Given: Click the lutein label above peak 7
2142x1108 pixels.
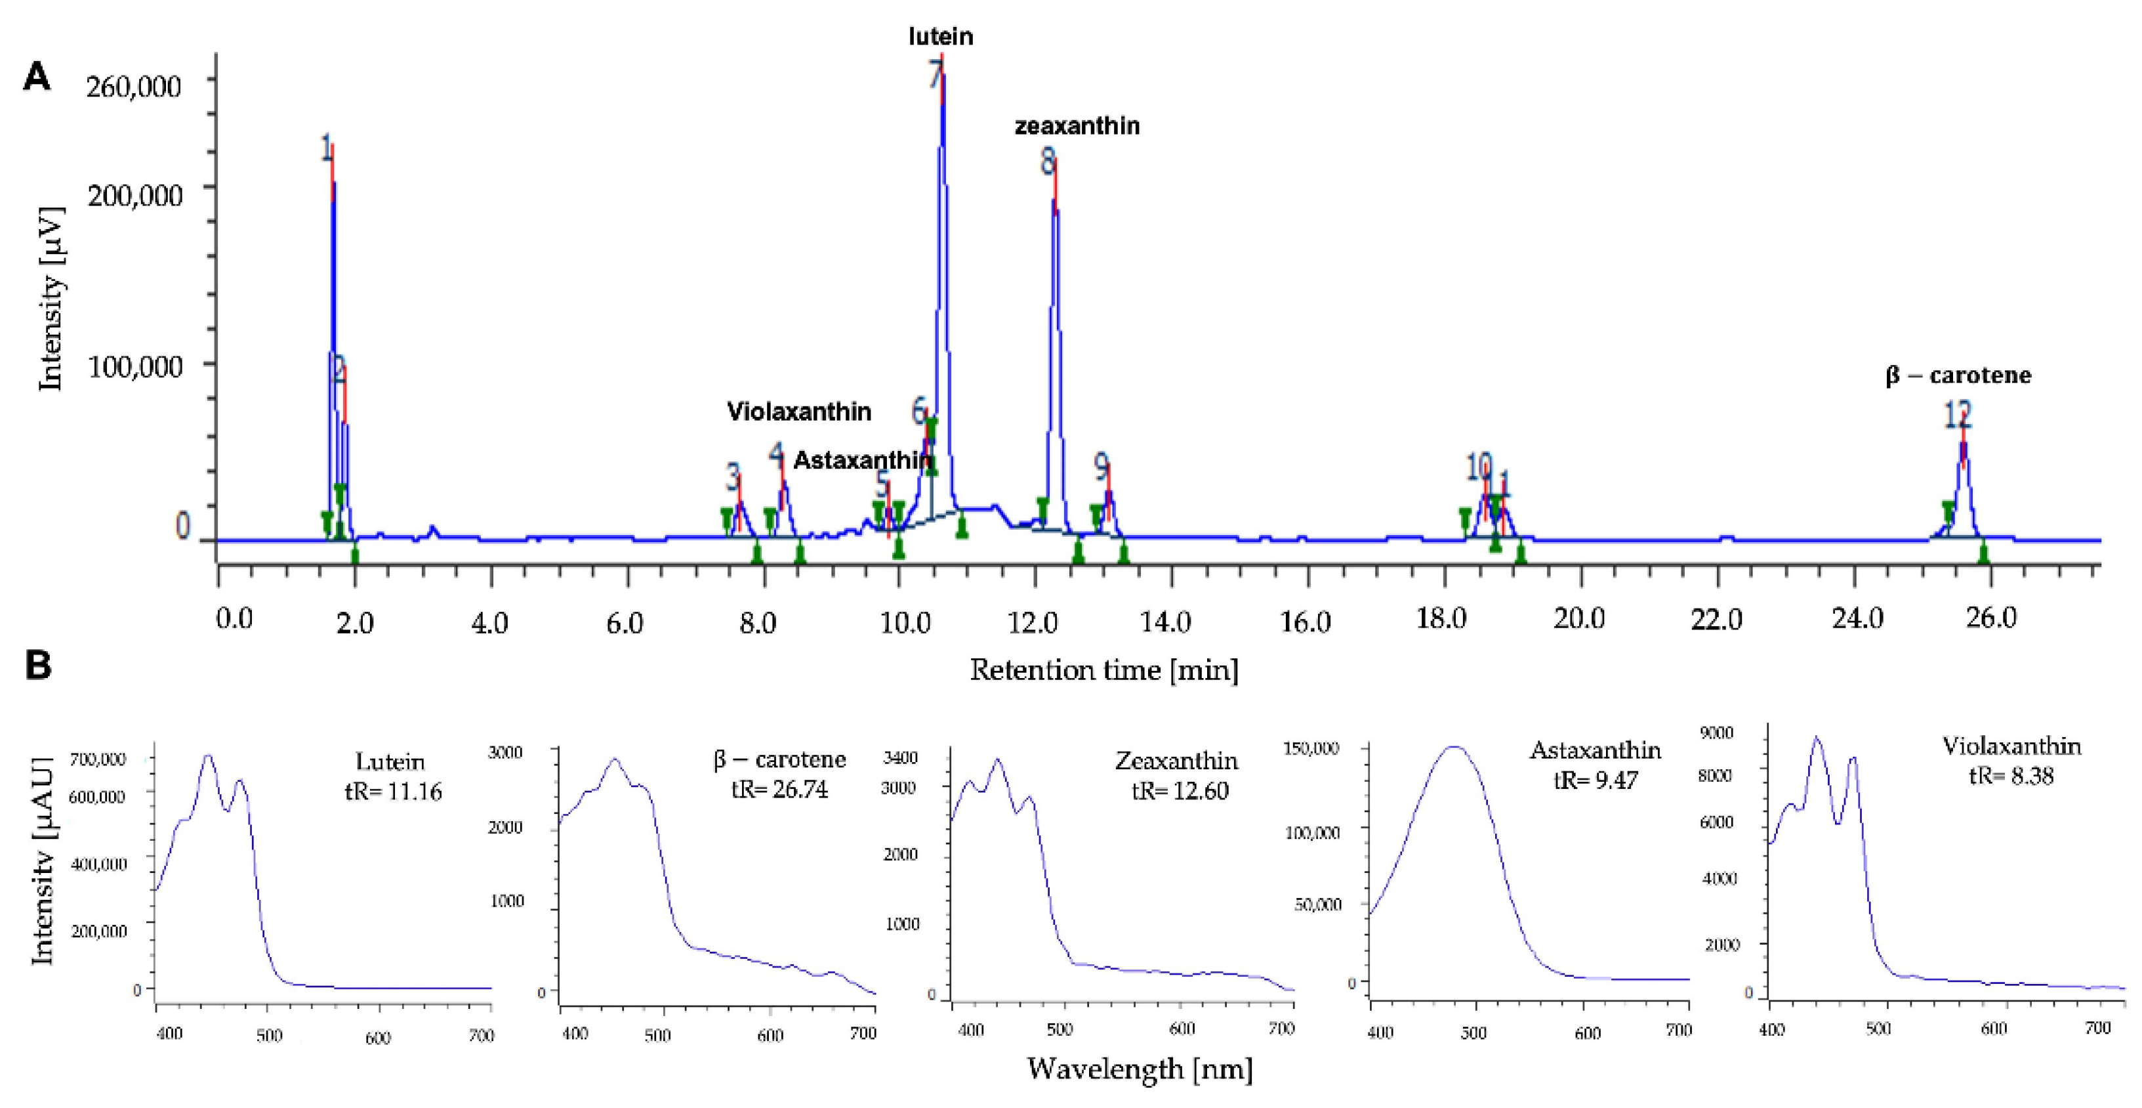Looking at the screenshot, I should pos(941,37).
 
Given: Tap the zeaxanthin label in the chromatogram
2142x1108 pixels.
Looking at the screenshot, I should pos(1077,127).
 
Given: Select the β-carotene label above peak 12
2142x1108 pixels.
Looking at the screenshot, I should pos(1958,376).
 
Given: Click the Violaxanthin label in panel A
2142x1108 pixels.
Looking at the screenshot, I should pos(799,411).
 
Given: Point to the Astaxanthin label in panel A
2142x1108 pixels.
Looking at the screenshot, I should pos(862,460).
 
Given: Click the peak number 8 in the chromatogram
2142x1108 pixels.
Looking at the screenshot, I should pos(1048,161).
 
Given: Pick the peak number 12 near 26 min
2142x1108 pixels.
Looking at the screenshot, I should pos(1958,414).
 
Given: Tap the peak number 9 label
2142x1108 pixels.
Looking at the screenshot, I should pos(1101,467).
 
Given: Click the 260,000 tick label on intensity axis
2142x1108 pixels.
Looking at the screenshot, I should pos(134,86).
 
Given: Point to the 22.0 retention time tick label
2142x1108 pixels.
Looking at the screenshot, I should pos(1716,620).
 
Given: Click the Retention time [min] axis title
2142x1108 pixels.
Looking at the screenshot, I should pos(1103,670).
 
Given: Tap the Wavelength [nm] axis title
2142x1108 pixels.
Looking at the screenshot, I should pos(1139,1069).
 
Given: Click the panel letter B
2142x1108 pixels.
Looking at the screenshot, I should pos(38,666).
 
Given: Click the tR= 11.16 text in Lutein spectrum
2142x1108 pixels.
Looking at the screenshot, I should pos(392,791).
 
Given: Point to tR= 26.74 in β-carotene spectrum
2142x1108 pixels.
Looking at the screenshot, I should pos(779,788).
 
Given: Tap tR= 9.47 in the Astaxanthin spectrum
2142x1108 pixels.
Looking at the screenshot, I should pos(1596,780).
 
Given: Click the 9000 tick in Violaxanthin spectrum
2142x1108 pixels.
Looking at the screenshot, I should pos(1717,733).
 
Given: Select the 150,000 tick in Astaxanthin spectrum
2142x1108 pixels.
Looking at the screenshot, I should pos(1311,748).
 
